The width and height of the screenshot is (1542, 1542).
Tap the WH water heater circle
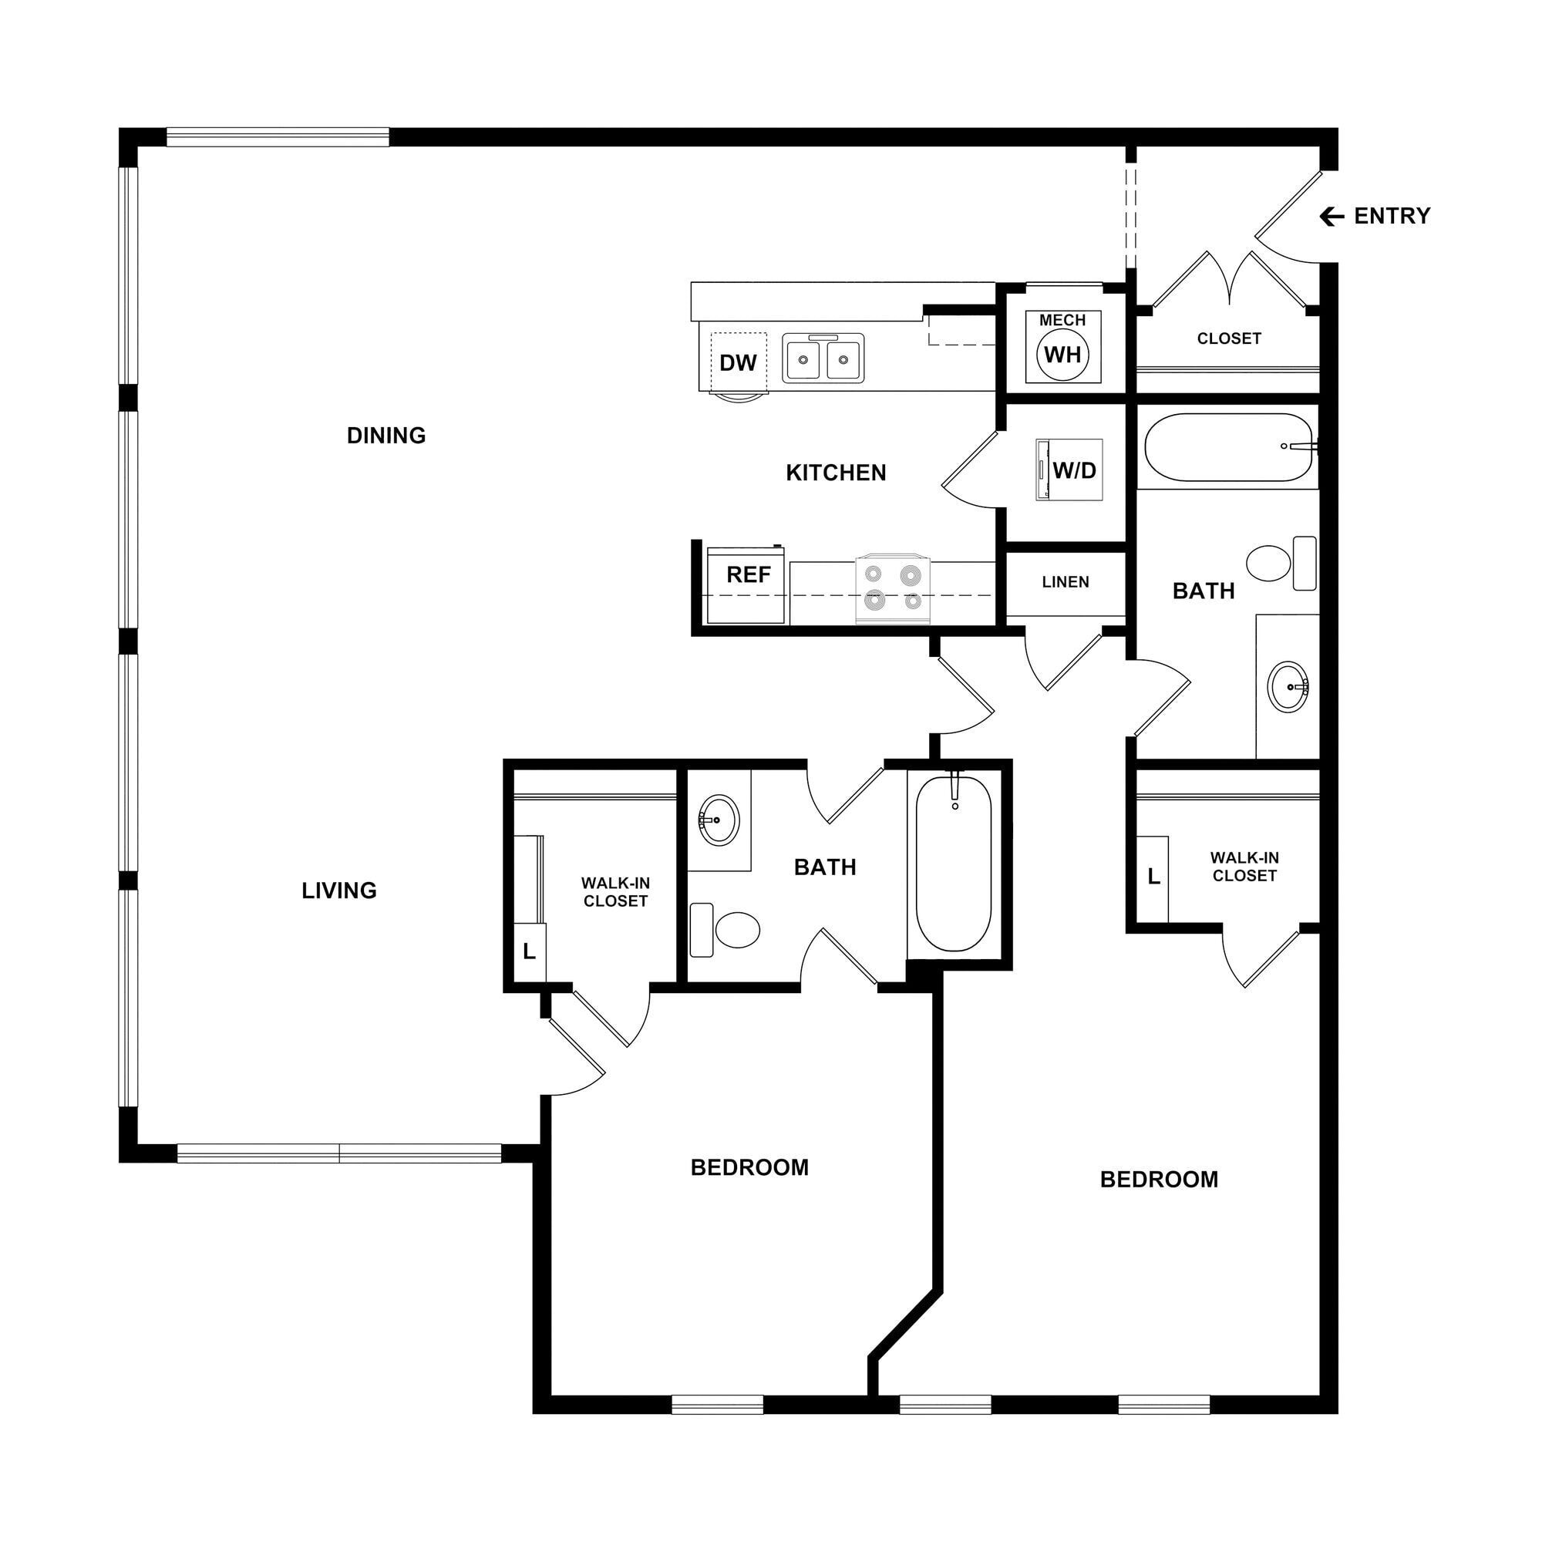(x=1062, y=355)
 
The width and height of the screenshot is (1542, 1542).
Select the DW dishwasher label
(x=738, y=363)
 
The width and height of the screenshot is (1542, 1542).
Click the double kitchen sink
(x=823, y=359)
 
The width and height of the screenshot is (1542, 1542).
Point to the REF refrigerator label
(x=748, y=574)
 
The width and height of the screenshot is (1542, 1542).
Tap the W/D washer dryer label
(x=1074, y=470)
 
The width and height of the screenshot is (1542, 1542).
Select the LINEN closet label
(x=1066, y=583)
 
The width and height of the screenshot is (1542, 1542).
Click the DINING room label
(x=386, y=436)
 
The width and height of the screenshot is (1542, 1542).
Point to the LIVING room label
(x=339, y=891)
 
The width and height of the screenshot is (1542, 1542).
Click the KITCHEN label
(x=836, y=473)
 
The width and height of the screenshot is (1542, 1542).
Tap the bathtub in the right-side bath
(x=1228, y=447)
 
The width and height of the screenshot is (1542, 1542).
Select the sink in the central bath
(x=719, y=820)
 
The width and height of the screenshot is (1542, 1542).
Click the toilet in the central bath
(x=728, y=930)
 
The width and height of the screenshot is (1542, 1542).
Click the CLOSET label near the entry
(x=1228, y=338)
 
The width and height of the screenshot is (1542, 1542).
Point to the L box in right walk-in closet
(x=1153, y=877)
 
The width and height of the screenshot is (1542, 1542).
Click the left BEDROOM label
(x=749, y=1167)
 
